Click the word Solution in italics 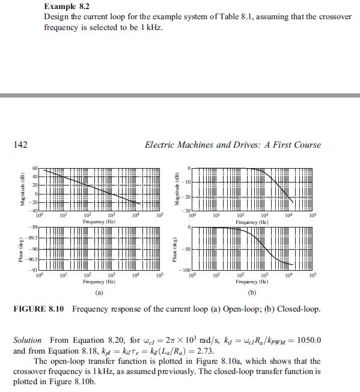point(27,340)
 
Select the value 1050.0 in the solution point(308,340)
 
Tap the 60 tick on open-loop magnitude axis point(35,168)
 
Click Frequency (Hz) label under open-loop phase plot point(100,281)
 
